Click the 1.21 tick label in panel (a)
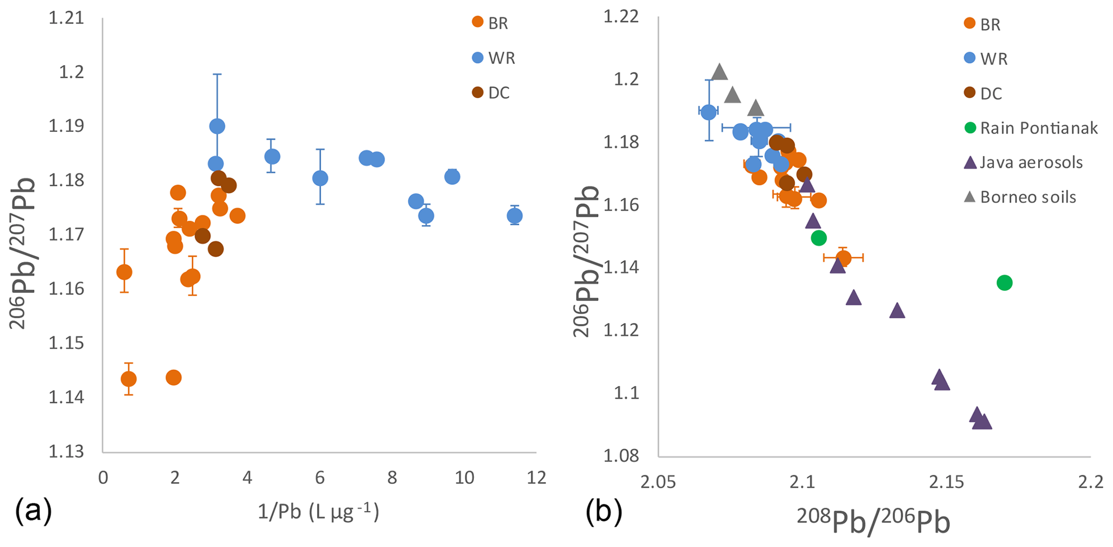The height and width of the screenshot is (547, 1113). [x=66, y=18]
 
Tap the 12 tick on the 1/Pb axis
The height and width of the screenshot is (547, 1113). [x=536, y=478]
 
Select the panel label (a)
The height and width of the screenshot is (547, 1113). [x=33, y=510]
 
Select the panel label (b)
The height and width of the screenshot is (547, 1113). [x=604, y=510]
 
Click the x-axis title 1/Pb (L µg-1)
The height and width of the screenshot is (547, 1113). [x=318, y=511]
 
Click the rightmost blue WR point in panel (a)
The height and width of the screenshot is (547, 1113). [x=514, y=216]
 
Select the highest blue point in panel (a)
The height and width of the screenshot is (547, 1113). [x=217, y=126]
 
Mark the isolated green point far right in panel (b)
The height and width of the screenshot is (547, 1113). [x=1004, y=283]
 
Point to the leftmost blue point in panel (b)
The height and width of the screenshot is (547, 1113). [x=709, y=112]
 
